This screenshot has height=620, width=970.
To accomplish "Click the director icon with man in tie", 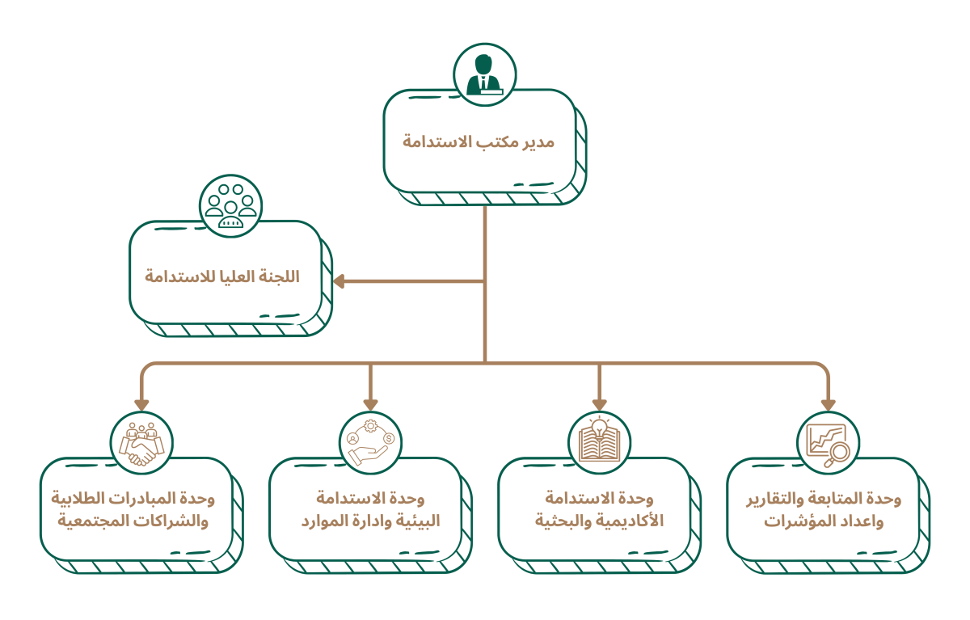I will pyautogui.click(x=484, y=74).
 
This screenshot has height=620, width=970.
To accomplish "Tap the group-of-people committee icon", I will pyautogui.click(x=230, y=206).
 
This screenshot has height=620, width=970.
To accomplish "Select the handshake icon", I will pyautogui.click(x=141, y=443).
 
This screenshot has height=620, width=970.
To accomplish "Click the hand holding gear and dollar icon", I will pyautogui.click(x=370, y=443).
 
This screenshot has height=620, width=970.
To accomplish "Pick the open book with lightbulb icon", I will pyautogui.click(x=599, y=442).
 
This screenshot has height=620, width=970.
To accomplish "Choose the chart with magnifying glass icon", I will pyautogui.click(x=828, y=443).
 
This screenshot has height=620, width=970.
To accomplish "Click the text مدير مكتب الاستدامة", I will pyautogui.click(x=479, y=142).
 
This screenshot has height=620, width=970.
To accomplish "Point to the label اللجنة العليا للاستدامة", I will pyautogui.click(x=222, y=276).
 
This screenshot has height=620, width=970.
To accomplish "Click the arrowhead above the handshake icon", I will pyautogui.click(x=141, y=403).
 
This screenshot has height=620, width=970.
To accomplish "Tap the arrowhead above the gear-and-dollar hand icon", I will pyautogui.click(x=370, y=403).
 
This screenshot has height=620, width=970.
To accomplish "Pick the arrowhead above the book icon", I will pyautogui.click(x=599, y=403).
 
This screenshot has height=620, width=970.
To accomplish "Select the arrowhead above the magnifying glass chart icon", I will pyautogui.click(x=828, y=403).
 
